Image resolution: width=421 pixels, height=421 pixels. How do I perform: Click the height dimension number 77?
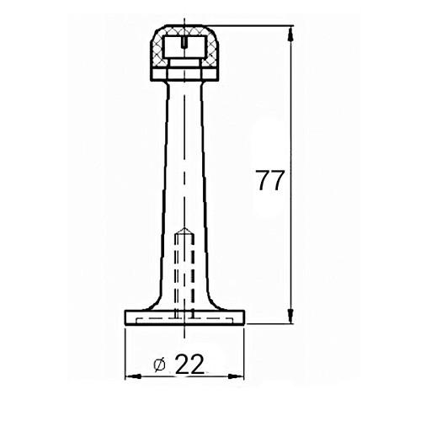tap(270, 180)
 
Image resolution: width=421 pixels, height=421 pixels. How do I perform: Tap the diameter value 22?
tap(189, 364)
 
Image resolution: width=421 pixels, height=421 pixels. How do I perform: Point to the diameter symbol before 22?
tap(160, 365)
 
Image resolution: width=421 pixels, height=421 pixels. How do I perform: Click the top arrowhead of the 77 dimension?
tap(291, 33)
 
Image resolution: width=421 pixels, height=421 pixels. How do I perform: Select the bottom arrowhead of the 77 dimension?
tap(291, 316)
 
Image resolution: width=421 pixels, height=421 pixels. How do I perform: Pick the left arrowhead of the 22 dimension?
tap(132, 376)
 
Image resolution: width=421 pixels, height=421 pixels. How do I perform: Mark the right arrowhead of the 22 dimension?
tap(237, 376)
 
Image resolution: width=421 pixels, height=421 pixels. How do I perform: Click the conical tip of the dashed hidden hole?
tap(184, 230)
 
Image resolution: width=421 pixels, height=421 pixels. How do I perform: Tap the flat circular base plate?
tap(184, 317)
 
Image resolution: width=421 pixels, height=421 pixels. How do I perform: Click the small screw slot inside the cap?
tap(184, 42)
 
